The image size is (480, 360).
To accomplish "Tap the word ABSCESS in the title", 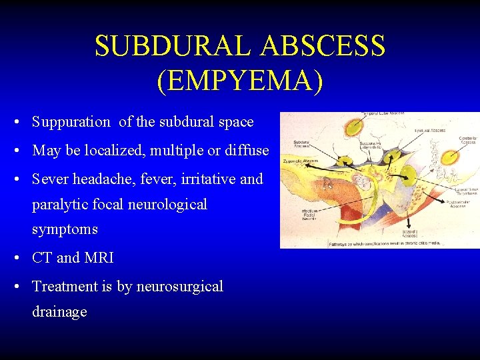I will coord(323,46).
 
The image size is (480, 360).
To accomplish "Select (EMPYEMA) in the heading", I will coord(240,79).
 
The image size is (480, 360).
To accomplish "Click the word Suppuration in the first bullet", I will coord(71,122).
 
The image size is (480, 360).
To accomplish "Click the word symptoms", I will coord(65,230).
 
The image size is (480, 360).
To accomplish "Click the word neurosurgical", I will coord(179,287).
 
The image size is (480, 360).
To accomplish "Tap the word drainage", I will coord(59,312).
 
